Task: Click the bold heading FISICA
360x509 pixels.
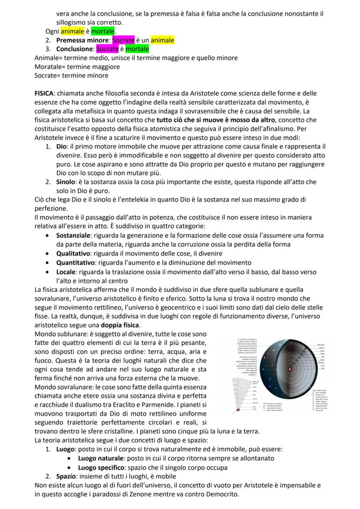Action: [44, 93]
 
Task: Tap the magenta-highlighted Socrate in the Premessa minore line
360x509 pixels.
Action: [123, 40]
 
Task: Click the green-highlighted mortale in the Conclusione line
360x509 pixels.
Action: [137, 49]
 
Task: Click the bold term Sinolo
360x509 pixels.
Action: [67, 182]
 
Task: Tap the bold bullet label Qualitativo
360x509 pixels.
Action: [73, 253]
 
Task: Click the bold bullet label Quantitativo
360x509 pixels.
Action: [76, 263]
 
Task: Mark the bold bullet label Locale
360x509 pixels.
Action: [66, 272]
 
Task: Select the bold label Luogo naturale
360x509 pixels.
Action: [101, 459]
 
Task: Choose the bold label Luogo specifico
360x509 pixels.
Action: [102, 468]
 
